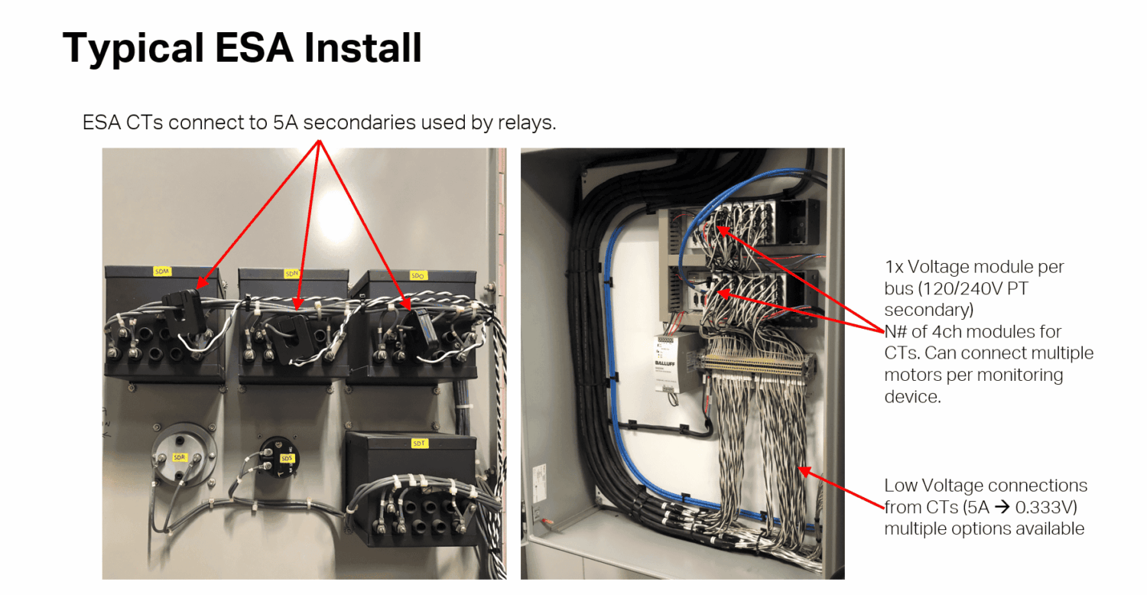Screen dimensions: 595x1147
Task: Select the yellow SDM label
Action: (x=163, y=271)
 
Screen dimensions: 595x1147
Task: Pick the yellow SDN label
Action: (x=291, y=273)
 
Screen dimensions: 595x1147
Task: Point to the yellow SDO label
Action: (x=418, y=275)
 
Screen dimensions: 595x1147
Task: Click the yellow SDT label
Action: (x=419, y=443)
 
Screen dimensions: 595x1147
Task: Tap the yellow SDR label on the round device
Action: (x=179, y=457)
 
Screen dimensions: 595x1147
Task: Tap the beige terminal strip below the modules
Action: (x=757, y=363)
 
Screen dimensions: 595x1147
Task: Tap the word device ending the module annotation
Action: (x=910, y=397)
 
